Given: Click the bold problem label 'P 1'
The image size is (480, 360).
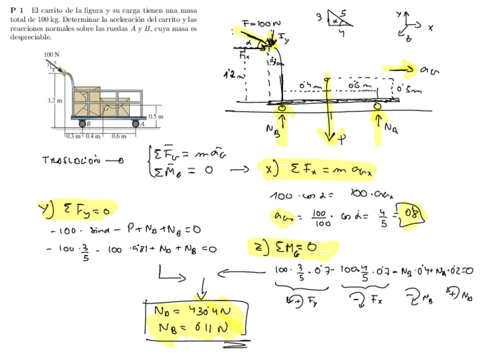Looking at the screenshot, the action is pos(17,11).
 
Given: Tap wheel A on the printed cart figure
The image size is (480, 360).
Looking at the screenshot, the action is pos(136,123).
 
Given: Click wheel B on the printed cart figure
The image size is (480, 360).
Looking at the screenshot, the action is pos(83,123).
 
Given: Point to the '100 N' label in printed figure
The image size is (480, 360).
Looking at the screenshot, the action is pos(52,54).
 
